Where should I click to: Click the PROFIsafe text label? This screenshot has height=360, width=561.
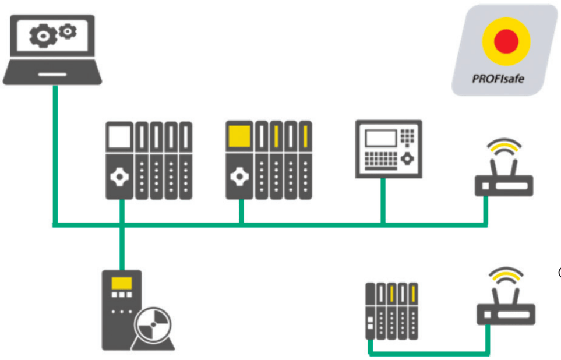coord(498,76)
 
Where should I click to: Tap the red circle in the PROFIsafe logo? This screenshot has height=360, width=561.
coord(505,41)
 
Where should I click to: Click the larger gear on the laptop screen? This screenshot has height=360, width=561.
coord(42,37)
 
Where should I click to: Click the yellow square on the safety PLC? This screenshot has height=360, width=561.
coord(239,136)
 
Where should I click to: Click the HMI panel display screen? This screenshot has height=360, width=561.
coord(379,139)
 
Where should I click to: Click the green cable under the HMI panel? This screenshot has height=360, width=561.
coord(383,200)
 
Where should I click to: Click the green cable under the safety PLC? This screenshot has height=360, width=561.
coord(241,211)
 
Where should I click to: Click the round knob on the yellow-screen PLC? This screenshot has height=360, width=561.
coord(239,177)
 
